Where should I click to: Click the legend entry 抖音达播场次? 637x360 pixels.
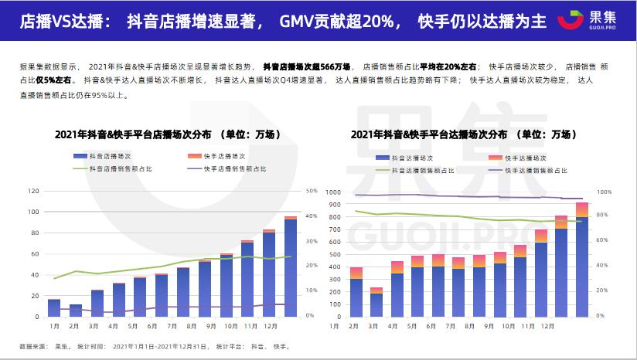[x=410, y=158]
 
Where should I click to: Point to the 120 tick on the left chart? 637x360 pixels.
[x=33, y=191]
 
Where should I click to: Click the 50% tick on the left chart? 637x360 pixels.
[x=312, y=191]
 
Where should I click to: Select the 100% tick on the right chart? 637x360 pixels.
[x=605, y=192]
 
